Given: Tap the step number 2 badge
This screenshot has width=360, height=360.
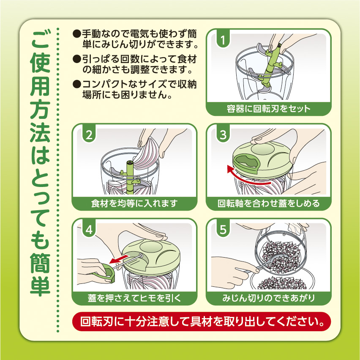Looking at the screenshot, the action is [89, 135].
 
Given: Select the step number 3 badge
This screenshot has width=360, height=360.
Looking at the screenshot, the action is [223, 135].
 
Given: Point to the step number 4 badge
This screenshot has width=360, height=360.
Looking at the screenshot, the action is [89, 229].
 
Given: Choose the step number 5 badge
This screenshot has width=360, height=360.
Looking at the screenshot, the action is [223, 229].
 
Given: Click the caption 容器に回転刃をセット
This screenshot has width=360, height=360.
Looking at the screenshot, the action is [269, 109].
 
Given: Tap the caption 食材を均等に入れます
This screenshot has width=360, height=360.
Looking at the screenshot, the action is [134, 203].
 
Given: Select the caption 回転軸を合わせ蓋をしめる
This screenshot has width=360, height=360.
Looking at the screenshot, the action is [269, 203].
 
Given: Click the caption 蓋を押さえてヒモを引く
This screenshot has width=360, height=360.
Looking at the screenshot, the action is [134, 298].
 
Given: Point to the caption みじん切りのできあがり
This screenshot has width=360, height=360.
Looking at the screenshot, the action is [269, 298].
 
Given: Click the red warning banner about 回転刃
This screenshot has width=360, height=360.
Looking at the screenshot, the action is [202, 322].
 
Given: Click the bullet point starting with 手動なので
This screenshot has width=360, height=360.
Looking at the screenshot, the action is [135, 39].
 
